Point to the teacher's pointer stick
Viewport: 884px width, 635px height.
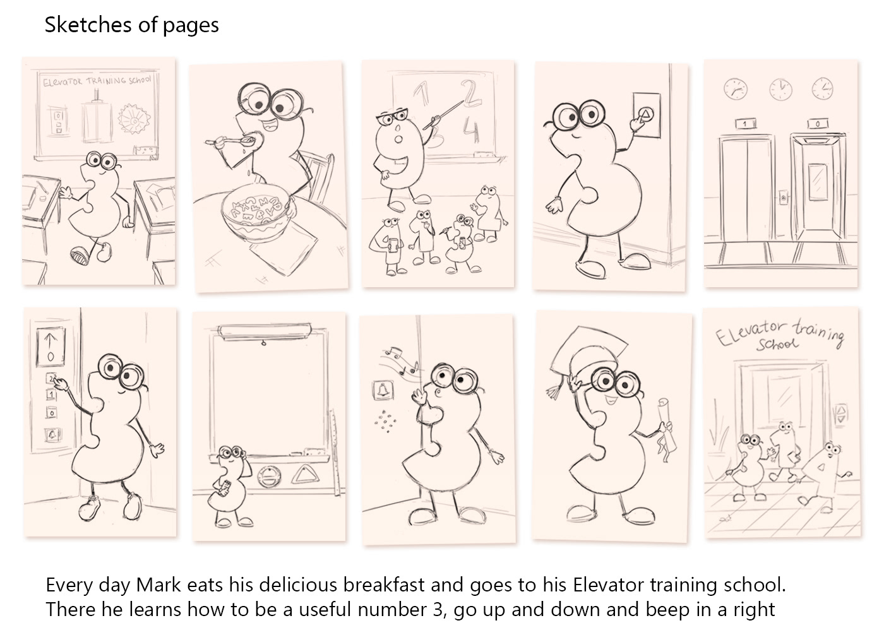443,115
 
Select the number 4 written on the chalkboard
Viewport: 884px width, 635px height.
472,132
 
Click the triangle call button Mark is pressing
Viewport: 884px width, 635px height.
646,115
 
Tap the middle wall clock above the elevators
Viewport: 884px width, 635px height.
780,90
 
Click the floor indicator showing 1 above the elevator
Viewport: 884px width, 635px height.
746,124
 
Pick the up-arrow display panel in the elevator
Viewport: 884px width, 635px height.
51,347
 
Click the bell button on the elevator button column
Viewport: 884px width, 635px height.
52,435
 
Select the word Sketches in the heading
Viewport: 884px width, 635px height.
88,25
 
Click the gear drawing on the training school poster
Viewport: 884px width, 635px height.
134,119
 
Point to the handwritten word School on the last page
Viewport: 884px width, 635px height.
777,344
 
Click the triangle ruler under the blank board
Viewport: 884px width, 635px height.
305,475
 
